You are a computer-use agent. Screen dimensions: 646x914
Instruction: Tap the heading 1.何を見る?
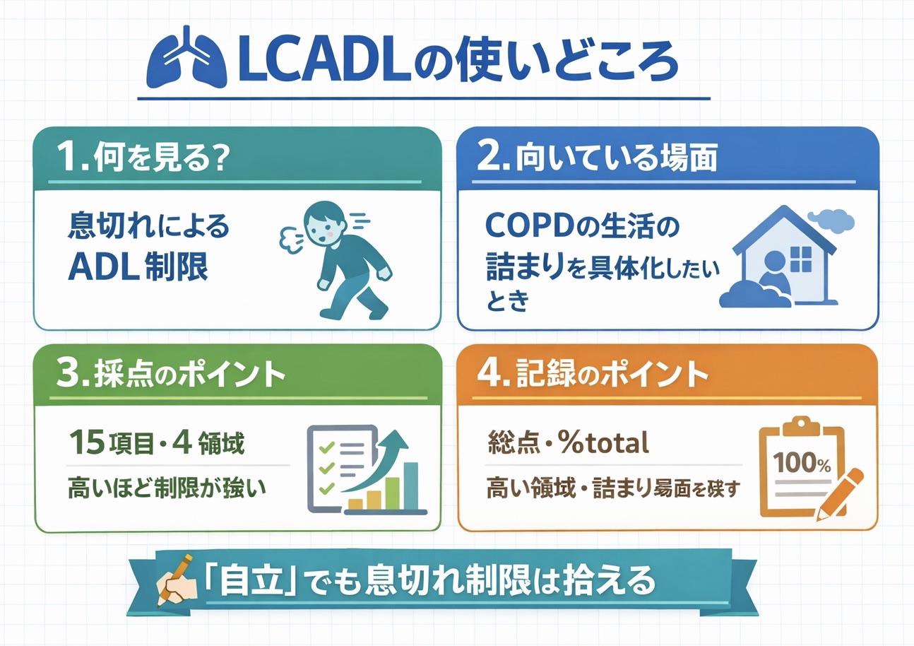pyautogui.click(x=144, y=158)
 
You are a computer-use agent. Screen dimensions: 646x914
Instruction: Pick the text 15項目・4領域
pyautogui.click(x=156, y=444)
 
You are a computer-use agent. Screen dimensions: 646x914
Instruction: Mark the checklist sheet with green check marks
pyautogui.click(x=339, y=467)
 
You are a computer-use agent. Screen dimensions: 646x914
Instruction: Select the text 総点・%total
pyautogui.click(x=568, y=443)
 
